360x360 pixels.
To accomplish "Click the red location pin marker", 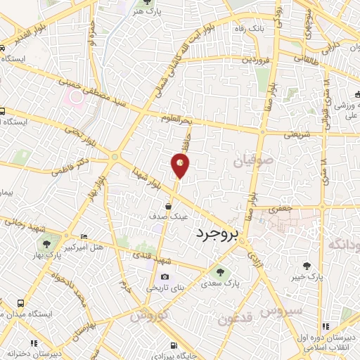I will (180, 165).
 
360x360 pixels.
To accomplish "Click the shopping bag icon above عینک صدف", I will (169, 206).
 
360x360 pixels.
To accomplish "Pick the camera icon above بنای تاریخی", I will (165, 277).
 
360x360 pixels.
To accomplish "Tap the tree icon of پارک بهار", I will (46, 244).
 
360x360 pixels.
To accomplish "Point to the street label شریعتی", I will (296, 134).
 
